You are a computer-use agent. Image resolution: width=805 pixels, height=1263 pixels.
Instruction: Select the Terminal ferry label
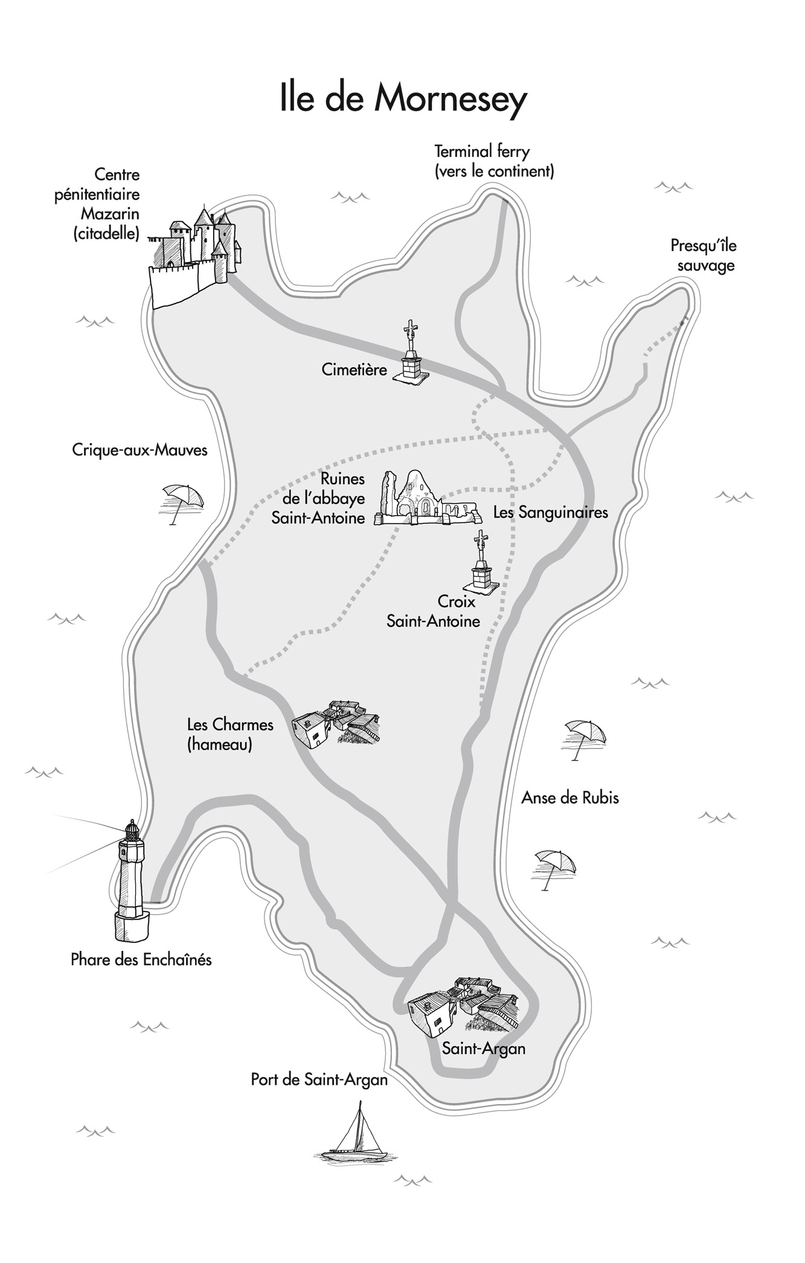coord(493,161)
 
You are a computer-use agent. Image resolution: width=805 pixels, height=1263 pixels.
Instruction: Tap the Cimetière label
coord(354,369)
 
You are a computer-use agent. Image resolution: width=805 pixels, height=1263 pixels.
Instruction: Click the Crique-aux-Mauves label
coord(140,450)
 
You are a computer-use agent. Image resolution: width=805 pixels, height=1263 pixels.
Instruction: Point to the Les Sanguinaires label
coord(550,513)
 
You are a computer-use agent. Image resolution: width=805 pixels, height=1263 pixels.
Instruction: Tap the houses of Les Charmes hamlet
coord(336,724)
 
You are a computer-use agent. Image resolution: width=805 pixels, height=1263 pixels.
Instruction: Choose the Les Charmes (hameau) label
coord(230,734)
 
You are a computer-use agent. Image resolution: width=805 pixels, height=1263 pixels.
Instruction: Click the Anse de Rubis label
coord(569,798)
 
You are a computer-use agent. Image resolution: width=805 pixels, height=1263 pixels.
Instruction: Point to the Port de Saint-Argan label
coord(319,1079)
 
